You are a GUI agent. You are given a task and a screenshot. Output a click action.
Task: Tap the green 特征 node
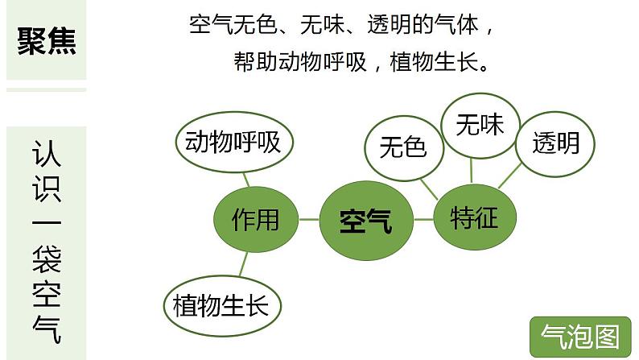tap(475, 217)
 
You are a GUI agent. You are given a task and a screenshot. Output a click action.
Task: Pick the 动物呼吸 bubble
tap(233, 143)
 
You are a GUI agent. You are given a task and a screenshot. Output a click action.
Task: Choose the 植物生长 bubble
tap(226, 305)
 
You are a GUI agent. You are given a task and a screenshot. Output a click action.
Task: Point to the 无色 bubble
tap(402, 147)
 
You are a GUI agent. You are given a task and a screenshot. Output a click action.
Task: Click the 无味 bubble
tap(480, 125)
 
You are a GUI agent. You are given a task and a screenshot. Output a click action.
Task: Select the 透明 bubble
tap(555, 143)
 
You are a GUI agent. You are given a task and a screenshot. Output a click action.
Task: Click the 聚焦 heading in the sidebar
tap(47, 40)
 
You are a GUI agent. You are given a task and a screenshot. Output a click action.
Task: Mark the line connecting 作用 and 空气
tap(308, 218)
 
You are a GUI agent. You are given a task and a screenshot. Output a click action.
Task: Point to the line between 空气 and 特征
tap(423, 217)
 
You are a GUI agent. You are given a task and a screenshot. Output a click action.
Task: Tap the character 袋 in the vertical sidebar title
tap(47, 259)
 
